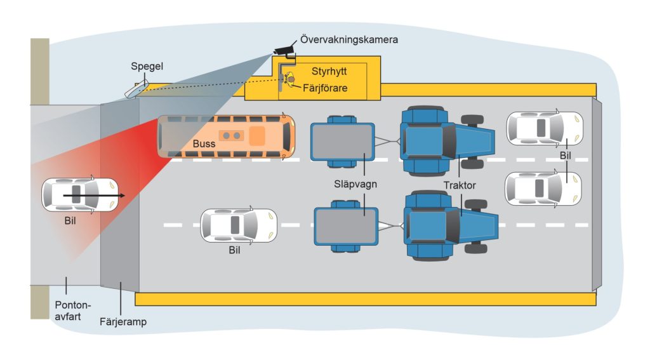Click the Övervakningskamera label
(349, 40)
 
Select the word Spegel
(147, 67)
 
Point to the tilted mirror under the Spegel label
(136, 90)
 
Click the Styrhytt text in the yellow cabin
(329, 71)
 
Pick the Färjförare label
(325, 88)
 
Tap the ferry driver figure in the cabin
(289, 79)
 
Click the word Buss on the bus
(204, 144)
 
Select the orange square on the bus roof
(257, 136)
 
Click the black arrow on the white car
(94, 195)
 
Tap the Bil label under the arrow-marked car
(70, 221)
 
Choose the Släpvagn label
(355, 184)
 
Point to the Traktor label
(460, 185)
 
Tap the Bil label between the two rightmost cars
(566, 156)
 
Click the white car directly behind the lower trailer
(239, 225)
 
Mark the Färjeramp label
(123, 322)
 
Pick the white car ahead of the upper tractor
(545, 128)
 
